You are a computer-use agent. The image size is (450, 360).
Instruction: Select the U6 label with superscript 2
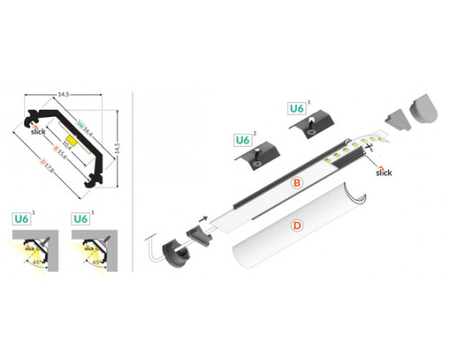(242, 140)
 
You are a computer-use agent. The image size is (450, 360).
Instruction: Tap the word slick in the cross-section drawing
(38, 131)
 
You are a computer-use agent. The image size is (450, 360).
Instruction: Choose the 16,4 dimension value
(85, 130)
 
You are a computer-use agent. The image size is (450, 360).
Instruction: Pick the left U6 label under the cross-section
(24, 219)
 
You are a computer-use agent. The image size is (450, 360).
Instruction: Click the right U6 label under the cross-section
(79, 219)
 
